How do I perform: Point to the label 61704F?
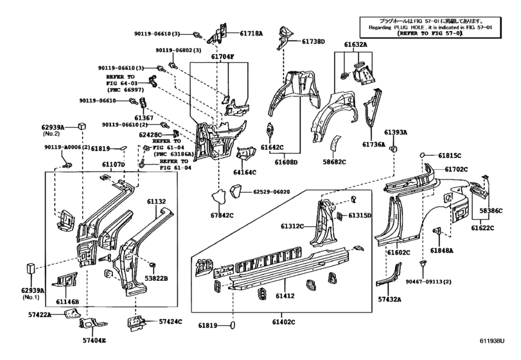tap(223, 56)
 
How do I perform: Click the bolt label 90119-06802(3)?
tap(178, 50)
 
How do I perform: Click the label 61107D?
tap(113, 165)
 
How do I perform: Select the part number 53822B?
tap(155, 278)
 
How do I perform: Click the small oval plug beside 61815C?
tap(423, 155)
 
